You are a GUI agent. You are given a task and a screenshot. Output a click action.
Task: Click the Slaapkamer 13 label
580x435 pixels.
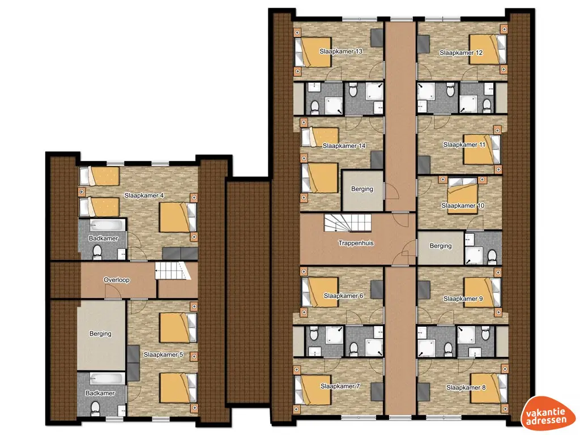tap(341, 52)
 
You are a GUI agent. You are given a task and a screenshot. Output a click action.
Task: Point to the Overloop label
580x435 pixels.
tap(117, 280)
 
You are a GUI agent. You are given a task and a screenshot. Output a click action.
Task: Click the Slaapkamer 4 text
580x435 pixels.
tap(144, 196)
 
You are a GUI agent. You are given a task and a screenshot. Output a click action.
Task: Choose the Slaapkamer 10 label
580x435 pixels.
tap(463, 206)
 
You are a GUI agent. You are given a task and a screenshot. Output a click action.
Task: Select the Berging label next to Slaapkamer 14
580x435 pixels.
tap(362, 189)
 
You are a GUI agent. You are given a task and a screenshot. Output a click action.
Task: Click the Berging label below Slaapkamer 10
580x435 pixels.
tap(441, 246)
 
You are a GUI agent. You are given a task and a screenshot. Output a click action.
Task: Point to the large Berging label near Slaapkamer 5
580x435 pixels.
tap(100, 334)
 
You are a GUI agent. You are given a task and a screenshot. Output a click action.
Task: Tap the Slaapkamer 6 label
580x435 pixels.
tap(344, 296)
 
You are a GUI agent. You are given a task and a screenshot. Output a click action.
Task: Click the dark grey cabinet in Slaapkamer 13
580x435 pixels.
tap(377, 39)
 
